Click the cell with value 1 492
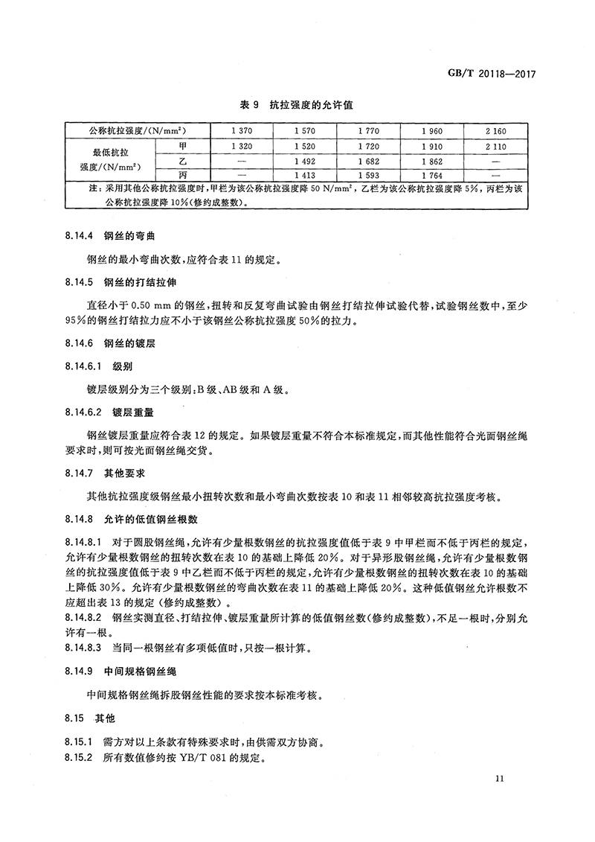tap(305, 161)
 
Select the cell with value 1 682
tap(368, 161)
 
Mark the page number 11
tap(499, 779)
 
